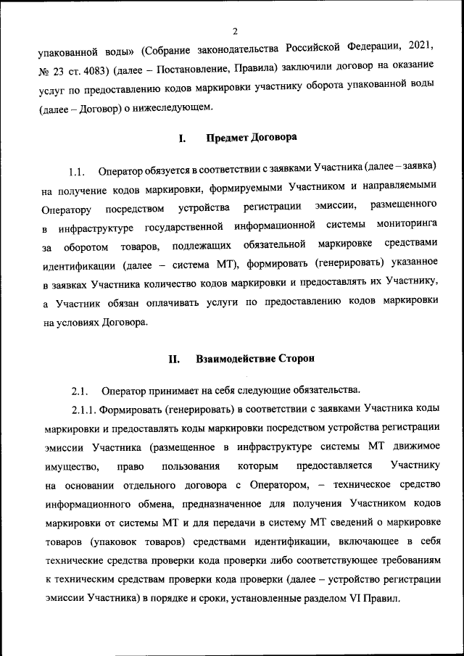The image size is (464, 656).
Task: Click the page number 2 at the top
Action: (x=236, y=31)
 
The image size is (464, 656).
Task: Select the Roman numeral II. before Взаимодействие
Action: (x=174, y=359)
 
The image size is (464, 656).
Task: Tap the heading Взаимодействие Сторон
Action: (x=256, y=359)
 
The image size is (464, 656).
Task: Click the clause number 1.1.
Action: (x=78, y=173)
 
